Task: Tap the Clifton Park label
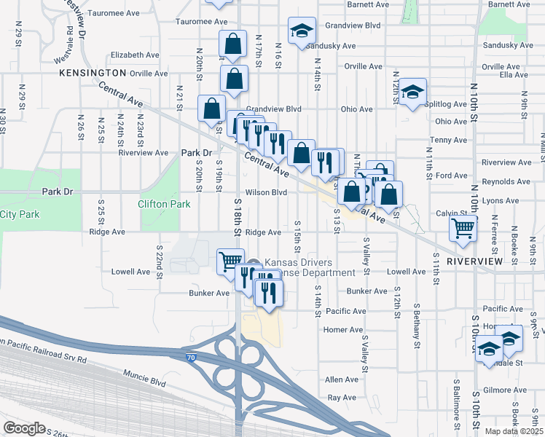pos(159,205)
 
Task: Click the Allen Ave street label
pos(342,379)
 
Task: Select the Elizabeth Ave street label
pos(135,55)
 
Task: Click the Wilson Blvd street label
pos(266,192)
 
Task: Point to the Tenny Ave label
pos(449,140)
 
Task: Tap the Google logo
pos(24,428)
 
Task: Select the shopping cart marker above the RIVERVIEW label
pos(463,229)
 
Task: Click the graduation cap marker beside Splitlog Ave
pos(412,92)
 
